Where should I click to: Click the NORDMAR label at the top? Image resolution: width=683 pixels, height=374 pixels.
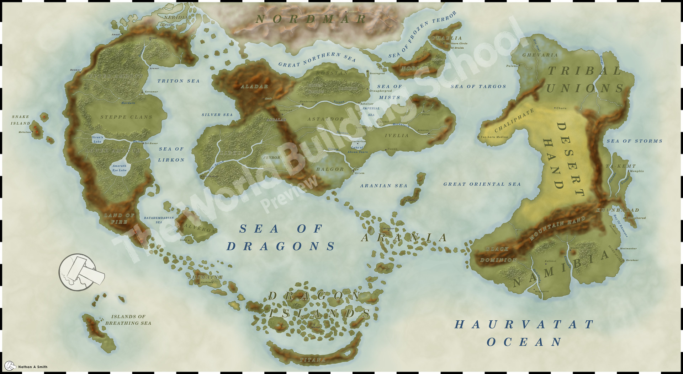pyautogui.click(x=311, y=19)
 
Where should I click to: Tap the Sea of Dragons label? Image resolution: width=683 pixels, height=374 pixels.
pyautogui.click(x=281, y=237)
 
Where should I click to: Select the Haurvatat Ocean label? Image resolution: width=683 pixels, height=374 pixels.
pyautogui.click(x=524, y=333)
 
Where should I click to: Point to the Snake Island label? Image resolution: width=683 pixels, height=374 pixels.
pyautogui.click(x=20, y=120)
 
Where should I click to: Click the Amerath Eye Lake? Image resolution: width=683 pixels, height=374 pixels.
pyautogui.click(x=120, y=168)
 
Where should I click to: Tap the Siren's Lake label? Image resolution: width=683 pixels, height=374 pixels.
pyautogui.click(x=97, y=139)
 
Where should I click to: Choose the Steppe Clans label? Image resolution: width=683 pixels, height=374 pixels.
pyautogui.click(x=126, y=117)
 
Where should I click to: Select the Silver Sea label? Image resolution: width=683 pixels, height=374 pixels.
pyautogui.click(x=217, y=115)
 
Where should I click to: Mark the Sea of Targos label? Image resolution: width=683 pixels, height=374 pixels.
pyautogui.click(x=478, y=86)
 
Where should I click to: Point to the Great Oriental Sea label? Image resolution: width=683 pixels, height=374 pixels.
pyautogui.click(x=482, y=184)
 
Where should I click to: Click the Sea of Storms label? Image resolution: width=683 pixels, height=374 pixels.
pyautogui.click(x=634, y=141)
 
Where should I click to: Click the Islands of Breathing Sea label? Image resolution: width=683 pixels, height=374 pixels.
pyautogui.click(x=128, y=320)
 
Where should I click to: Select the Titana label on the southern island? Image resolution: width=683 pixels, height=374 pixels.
pyautogui.click(x=312, y=360)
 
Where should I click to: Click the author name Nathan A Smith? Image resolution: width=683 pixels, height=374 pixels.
pyautogui.click(x=33, y=367)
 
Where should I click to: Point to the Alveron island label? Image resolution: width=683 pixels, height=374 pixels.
pyautogui.click(x=200, y=228)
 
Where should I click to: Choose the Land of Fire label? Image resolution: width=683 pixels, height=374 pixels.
pyautogui.click(x=119, y=218)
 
